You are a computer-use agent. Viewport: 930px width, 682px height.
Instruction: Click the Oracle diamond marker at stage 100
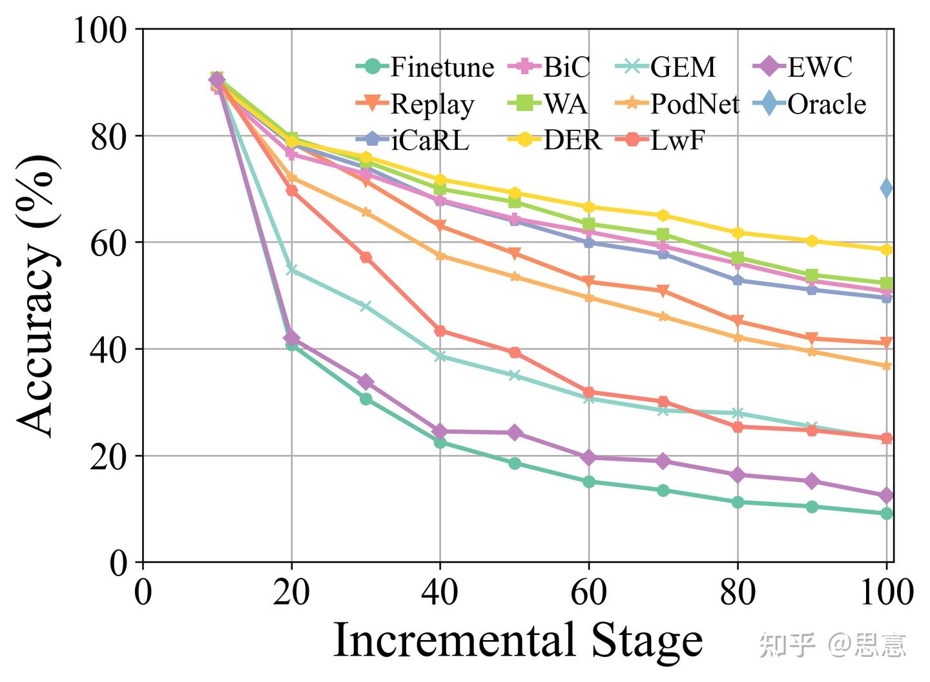[x=887, y=188]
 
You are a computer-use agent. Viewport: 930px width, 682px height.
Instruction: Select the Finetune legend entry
[x=426, y=67]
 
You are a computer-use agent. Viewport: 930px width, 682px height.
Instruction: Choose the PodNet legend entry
[x=677, y=104]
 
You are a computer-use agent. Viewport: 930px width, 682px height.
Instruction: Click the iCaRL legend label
[x=413, y=140]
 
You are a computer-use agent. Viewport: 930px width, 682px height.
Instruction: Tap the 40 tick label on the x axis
[x=440, y=592]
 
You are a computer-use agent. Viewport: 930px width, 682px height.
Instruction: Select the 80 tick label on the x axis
[x=738, y=592]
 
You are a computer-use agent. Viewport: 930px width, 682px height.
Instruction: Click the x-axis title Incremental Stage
[x=517, y=640]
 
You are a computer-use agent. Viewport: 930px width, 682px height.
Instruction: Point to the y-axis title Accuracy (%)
[x=37, y=296]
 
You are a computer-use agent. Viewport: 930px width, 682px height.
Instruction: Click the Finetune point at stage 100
[x=887, y=514]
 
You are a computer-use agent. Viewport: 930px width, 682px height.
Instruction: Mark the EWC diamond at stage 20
[x=291, y=337]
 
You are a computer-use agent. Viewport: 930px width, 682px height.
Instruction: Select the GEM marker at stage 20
[x=291, y=270]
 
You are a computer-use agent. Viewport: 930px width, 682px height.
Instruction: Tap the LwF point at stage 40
[x=440, y=331]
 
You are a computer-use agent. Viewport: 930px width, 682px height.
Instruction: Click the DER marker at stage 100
[x=887, y=250]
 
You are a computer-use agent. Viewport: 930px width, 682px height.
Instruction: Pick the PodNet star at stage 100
[x=887, y=366]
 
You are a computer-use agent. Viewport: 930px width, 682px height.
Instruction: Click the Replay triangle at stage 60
[x=588, y=281]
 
